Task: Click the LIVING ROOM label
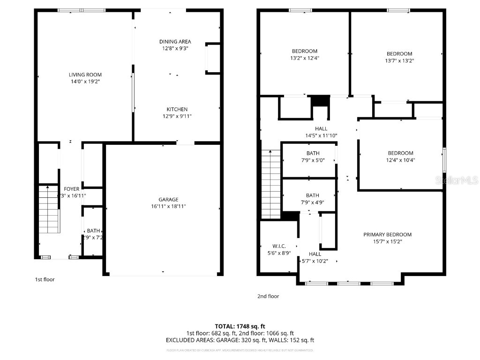click(85, 75)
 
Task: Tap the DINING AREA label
click(175, 42)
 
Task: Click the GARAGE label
click(163, 199)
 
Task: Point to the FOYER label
click(72, 189)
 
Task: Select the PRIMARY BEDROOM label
click(387, 234)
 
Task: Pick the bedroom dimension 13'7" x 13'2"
click(399, 60)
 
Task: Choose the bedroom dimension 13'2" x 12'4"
click(305, 58)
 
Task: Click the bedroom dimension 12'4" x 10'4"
click(400, 160)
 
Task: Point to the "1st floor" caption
click(45, 279)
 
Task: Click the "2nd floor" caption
click(268, 296)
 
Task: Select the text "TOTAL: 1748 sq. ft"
click(240, 326)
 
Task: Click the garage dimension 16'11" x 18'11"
click(163, 206)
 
